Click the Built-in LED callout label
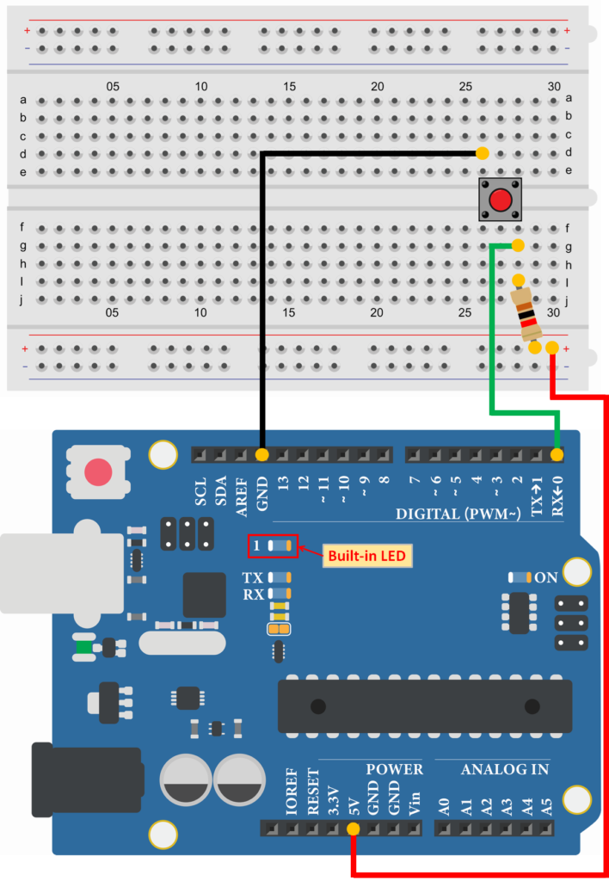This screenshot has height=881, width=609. pyautogui.click(x=367, y=556)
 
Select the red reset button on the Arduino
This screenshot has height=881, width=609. pyautogui.click(x=98, y=471)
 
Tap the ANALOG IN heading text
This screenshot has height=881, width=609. pyautogui.click(x=504, y=769)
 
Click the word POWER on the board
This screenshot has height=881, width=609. pyautogui.click(x=394, y=769)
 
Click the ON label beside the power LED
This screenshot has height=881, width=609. pyautogui.click(x=546, y=577)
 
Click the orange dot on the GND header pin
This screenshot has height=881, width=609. pyautogui.click(x=261, y=454)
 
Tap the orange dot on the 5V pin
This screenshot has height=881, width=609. pyautogui.click(x=353, y=829)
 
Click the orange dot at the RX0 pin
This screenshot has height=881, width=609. pyautogui.click(x=557, y=454)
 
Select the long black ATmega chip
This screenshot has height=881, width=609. pyautogui.click(x=424, y=705)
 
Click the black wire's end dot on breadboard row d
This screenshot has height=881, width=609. pyautogui.click(x=483, y=154)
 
